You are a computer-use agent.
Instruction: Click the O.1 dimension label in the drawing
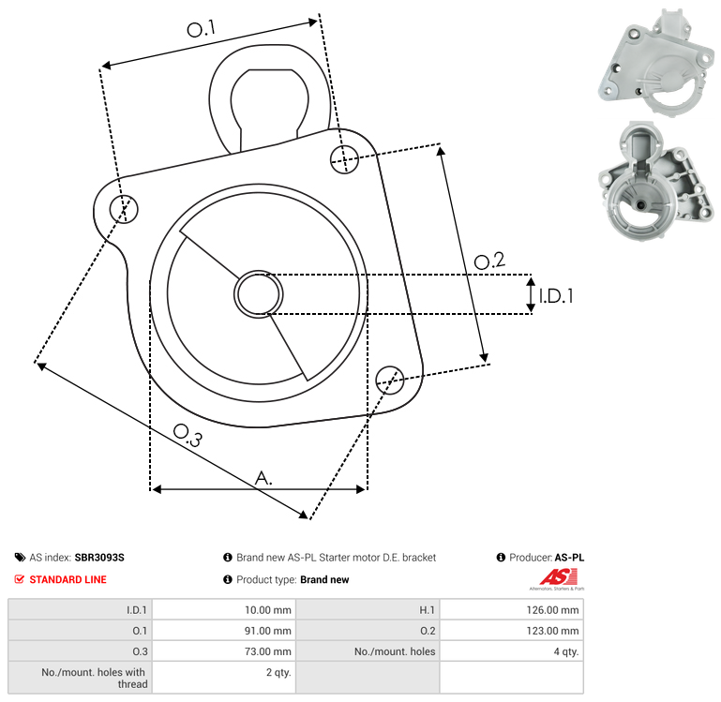202,29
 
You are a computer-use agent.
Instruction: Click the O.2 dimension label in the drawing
489,261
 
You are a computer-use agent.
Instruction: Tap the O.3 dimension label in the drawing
188,436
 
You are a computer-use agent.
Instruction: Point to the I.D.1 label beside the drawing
556,296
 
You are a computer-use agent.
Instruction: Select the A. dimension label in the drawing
263,478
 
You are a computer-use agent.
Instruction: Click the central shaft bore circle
259,294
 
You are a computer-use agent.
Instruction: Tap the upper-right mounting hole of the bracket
344,159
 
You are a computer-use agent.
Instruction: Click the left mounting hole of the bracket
124,209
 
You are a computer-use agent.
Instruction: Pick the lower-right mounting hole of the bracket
390,381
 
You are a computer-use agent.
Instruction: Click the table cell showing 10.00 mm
224,609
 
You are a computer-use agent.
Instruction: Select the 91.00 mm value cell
224,630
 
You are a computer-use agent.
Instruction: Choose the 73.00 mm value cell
224,651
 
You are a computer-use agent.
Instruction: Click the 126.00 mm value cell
511,609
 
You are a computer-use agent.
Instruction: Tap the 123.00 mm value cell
511,630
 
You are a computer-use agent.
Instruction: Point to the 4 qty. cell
511,651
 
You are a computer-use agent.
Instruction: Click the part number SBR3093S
99,557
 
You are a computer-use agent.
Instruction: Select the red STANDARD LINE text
68,579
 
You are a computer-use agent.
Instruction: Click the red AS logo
558,577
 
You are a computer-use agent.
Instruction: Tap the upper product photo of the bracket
655,61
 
